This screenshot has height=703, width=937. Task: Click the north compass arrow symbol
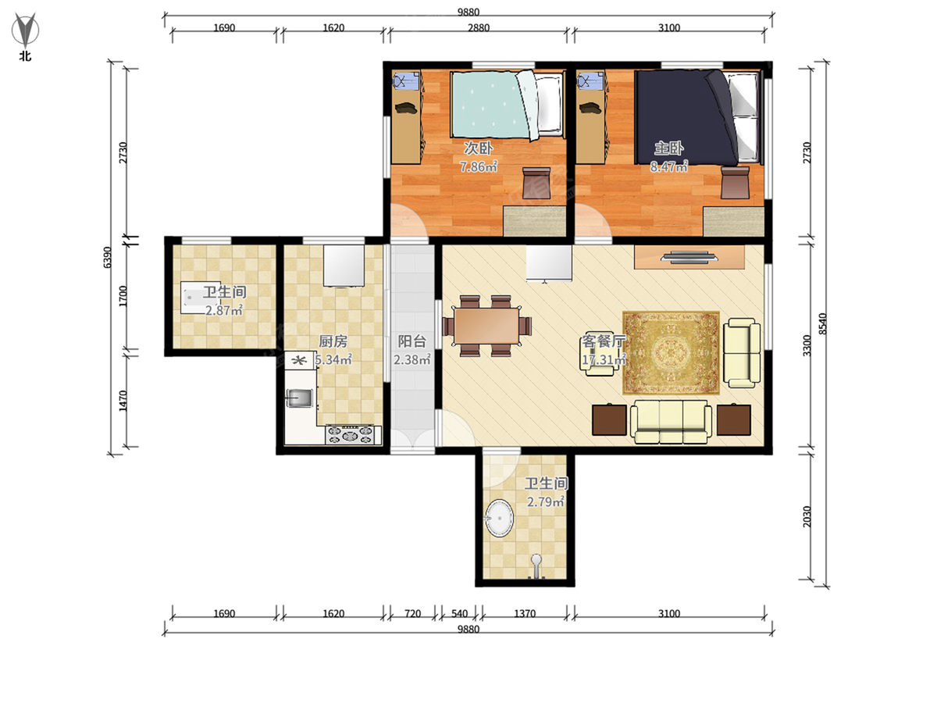point(26,30)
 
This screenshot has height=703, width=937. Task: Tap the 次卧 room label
point(478,148)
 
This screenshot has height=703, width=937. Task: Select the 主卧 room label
point(668,148)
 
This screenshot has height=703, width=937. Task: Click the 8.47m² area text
point(668,166)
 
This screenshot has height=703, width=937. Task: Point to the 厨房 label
point(333,341)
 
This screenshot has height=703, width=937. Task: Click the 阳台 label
point(412,341)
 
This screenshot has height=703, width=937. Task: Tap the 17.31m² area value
point(604,360)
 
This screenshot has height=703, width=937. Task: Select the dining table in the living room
point(486,326)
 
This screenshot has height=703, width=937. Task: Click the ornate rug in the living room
point(671,353)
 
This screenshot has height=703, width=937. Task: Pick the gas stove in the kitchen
point(353,435)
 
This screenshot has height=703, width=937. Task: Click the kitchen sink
point(300,398)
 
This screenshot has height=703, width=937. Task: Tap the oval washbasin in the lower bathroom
point(500,518)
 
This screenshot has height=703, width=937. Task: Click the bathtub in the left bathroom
point(200,298)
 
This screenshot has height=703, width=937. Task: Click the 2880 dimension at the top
point(479,28)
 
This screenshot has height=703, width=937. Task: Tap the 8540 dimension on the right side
point(824,323)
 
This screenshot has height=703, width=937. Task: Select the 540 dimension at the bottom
point(459,614)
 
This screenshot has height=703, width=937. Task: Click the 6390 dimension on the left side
point(107,258)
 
